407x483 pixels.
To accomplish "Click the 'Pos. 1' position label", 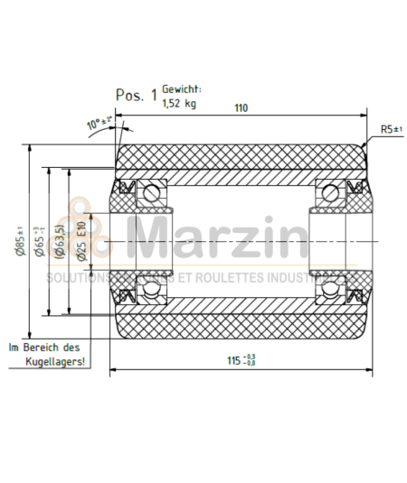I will tap(137, 94).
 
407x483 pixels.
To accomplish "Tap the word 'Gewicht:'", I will tap(182, 89).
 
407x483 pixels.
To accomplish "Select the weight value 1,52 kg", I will tap(179, 104).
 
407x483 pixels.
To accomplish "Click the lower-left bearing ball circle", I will tap(150, 290).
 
